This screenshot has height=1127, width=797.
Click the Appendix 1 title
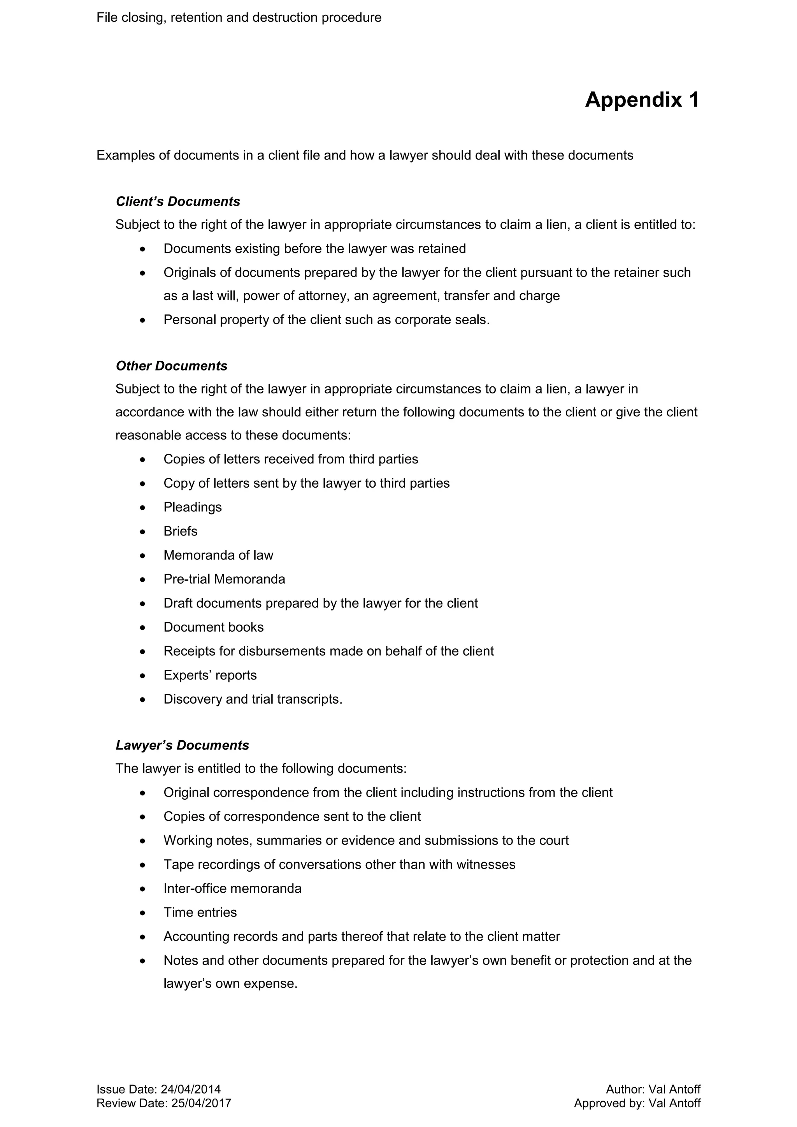click(641, 100)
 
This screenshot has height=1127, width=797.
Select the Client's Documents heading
click(178, 202)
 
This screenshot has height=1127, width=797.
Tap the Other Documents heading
click(171, 366)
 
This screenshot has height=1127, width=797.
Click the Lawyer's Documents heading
click(182, 746)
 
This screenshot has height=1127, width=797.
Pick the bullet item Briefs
click(180, 532)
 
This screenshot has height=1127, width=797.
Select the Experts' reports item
click(210, 676)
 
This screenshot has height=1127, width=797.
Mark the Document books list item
click(214, 627)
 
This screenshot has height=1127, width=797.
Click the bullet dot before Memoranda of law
click(143, 556)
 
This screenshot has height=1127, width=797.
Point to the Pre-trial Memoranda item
click(224, 580)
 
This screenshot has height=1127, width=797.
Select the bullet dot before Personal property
click(143, 321)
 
